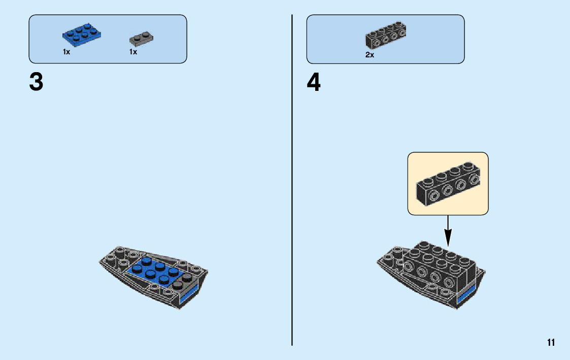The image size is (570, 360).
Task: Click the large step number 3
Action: click(36, 82)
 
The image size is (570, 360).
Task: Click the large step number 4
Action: click(314, 83)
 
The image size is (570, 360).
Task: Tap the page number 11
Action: click(551, 343)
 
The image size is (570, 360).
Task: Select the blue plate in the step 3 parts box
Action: click(81, 34)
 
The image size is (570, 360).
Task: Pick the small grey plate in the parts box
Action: click(141, 37)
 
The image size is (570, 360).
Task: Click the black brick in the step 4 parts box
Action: click(386, 35)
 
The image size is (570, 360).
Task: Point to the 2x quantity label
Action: click(370, 55)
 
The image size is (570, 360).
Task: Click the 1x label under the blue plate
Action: click(66, 52)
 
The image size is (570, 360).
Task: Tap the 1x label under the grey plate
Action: click(133, 52)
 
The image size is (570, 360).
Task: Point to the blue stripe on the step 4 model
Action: click(465, 295)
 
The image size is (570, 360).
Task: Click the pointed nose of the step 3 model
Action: click(102, 261)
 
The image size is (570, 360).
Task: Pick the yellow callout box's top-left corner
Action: click(409, 154)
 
